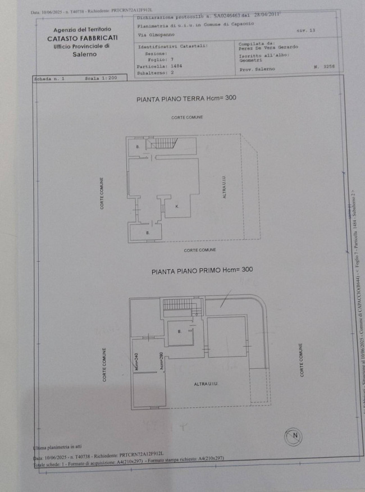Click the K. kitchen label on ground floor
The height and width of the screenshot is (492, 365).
coord(176,207)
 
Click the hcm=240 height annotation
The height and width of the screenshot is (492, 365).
coord(136,360)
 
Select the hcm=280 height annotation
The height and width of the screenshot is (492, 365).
coord(161,360)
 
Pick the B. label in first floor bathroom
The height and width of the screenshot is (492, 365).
coord(179,331)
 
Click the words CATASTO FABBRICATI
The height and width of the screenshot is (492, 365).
coord(82,38)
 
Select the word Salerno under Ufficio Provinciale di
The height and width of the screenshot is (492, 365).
coord(84,54)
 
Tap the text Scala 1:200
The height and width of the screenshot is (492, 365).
coord(101,79)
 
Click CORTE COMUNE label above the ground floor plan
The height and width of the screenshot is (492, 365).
coord(187,117)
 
